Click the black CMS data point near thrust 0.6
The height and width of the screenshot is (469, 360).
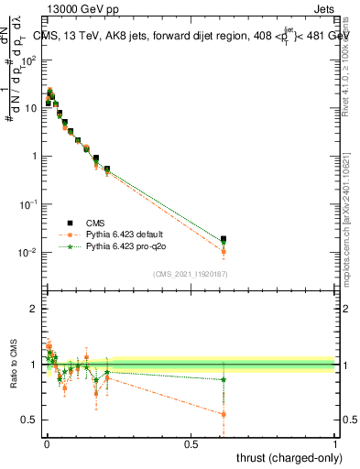pyautogui.click(x=224, y=239)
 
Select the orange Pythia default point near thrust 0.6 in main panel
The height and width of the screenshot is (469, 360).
pyautogui.click(x=224, y=251)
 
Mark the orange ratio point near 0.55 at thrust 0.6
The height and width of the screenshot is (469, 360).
pyautogui.click(x=224, y=414)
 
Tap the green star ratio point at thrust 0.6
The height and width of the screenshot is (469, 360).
pyautogui.click(x=224, y=379)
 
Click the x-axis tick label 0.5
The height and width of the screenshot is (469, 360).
pyautogui.click(x=191, y=443)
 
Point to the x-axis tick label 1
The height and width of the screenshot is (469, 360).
pyautogui.click(x=335, y=443)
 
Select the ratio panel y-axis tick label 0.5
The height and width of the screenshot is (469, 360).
pyautogui.click(x=29, y=420)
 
